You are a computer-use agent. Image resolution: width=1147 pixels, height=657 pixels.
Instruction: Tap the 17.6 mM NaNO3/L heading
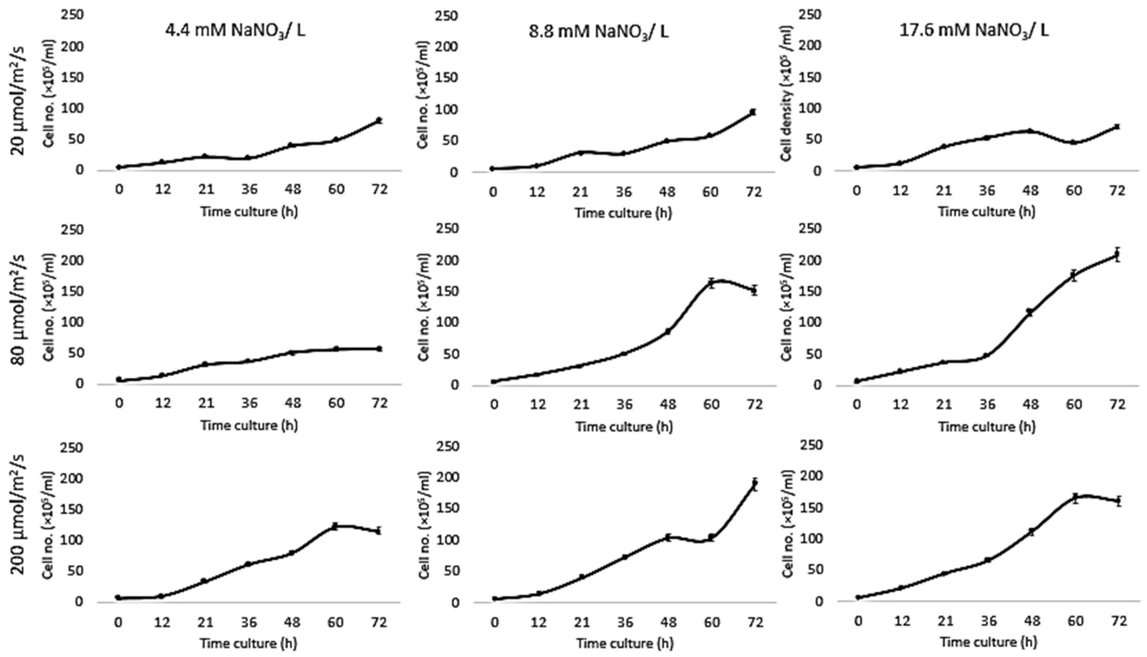pyautogui.click(x=974, y=30)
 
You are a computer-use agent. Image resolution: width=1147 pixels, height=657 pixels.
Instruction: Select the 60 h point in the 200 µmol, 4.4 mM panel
pyautogui.click(x=335, y=526)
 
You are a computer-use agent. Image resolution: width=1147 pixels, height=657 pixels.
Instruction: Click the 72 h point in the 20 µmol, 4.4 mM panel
pyautogui.click(x=379, y=120)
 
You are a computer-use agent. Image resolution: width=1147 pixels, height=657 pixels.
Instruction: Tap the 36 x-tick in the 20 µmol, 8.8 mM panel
pyautogui.click(x=624, y=192)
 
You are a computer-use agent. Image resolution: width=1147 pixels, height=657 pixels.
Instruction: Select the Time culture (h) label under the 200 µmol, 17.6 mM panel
pyautogui.click(x=988, y=641)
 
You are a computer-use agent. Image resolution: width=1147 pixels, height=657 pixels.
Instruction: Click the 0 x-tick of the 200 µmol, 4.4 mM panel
pyautogui.click(x=118, y=623)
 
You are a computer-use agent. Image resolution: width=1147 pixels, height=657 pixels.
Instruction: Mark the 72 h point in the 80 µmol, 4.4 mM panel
pyautogui.click(x=379, y=348)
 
